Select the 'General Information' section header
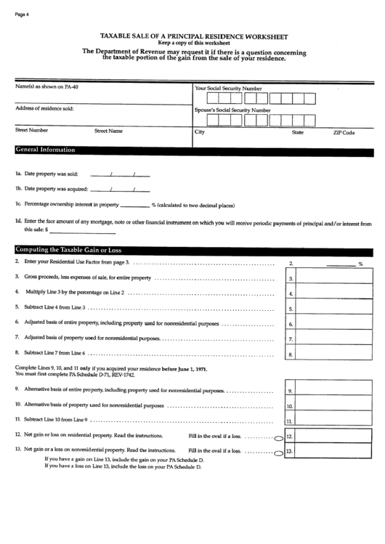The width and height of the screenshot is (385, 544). [45, 150]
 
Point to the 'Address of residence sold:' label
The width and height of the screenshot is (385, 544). [44, 109]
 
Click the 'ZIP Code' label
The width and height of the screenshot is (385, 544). [344, 133]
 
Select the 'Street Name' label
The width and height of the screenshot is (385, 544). [108, 131]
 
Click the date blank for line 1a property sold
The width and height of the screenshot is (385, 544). [119, 175]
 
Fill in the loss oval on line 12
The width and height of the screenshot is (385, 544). [278, 438]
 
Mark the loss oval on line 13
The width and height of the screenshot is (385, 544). [278, 453]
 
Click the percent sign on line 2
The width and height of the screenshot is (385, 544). [360, 265]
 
